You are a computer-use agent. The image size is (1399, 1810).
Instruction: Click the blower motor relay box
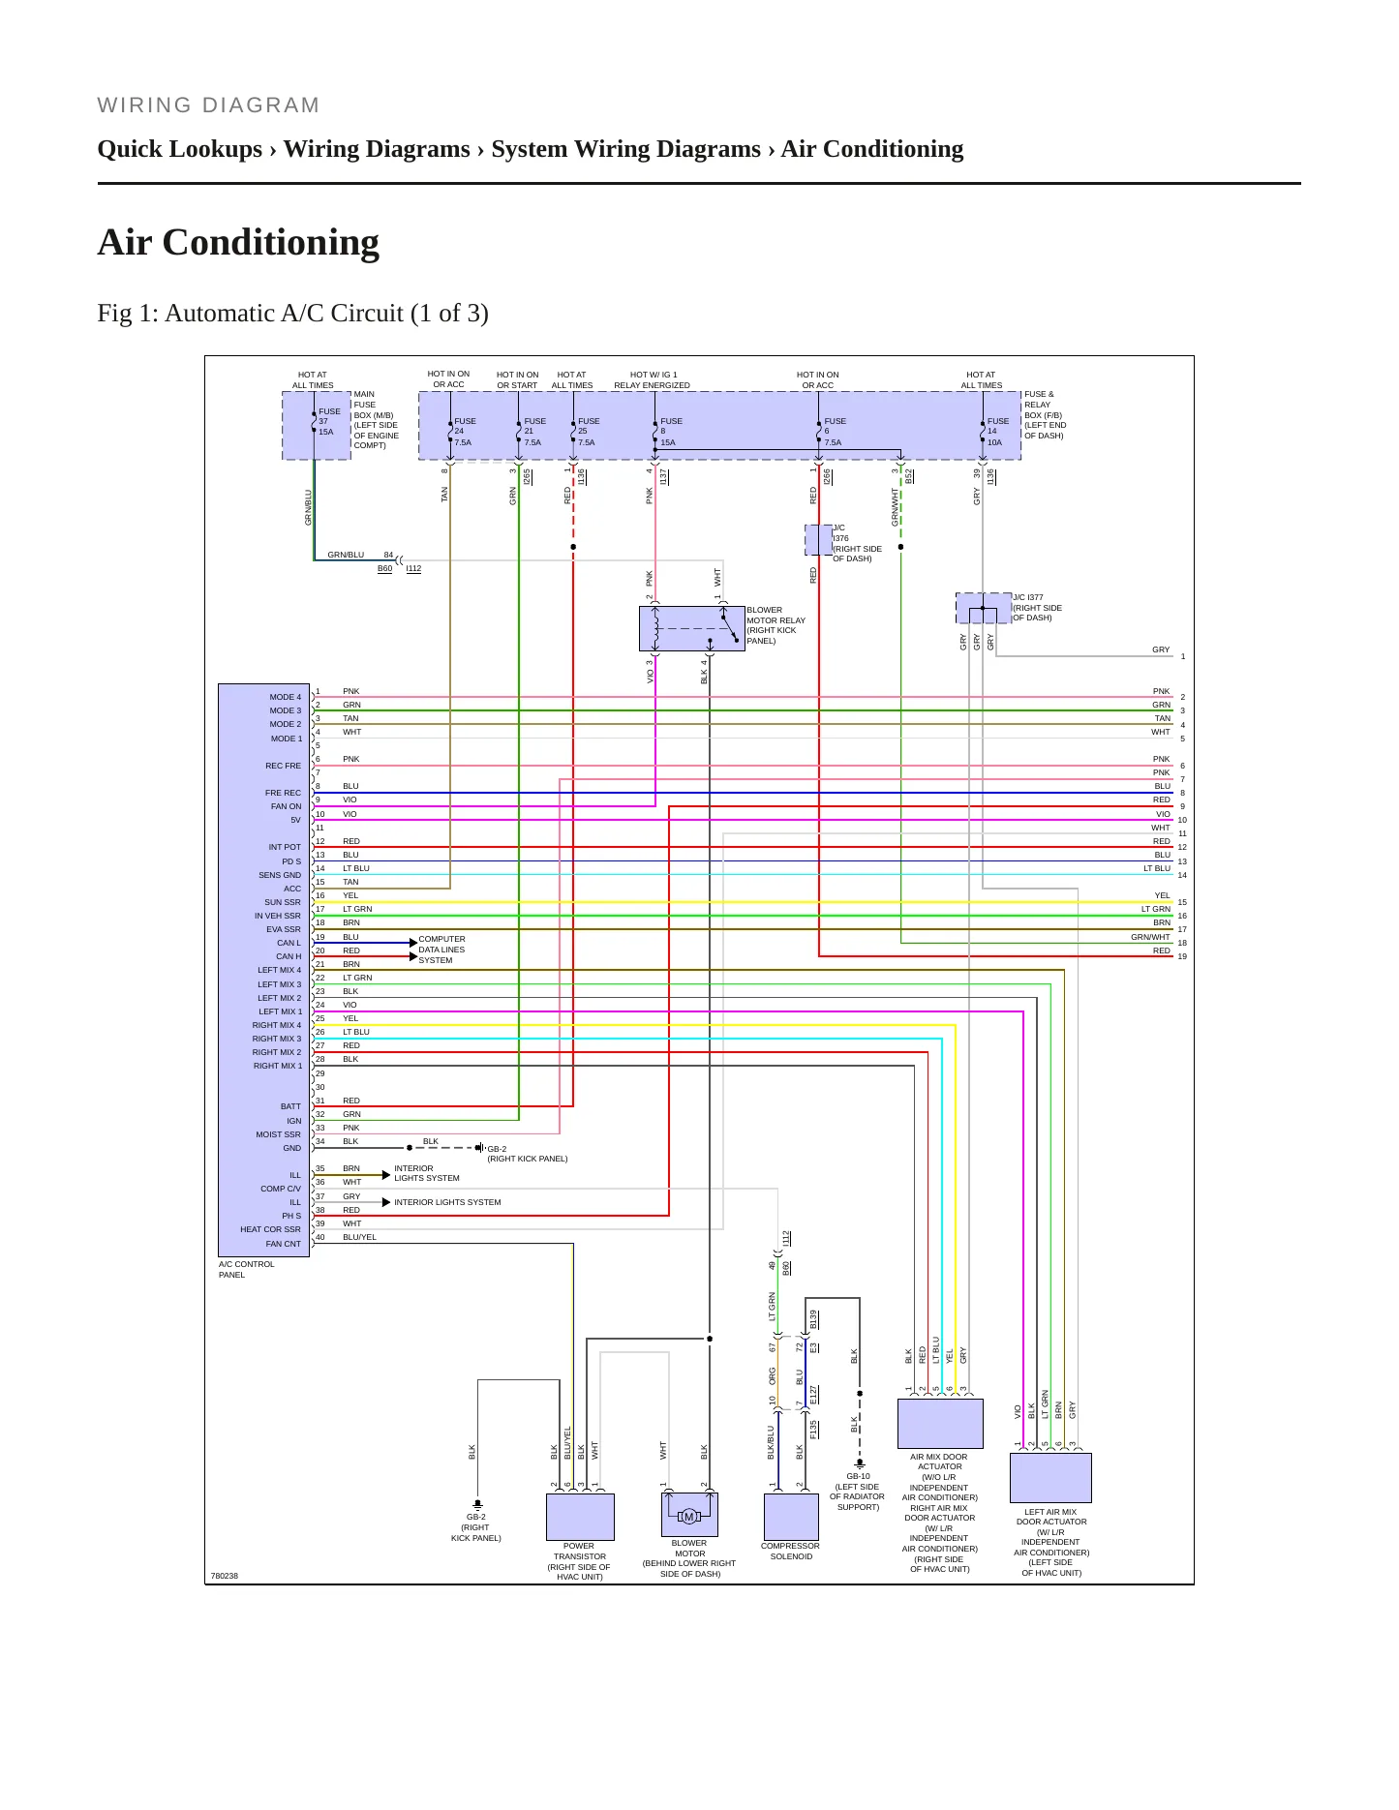pyautogui.click(x=691, y=628)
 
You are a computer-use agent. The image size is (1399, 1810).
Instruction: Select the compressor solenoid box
pyautogui.click(x=791, y=1517)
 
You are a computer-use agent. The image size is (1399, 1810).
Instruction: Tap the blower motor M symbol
pyautogui.click(x=689, y=1516)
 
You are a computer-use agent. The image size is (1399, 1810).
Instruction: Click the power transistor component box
pyautogui.click(x=580, y=1517)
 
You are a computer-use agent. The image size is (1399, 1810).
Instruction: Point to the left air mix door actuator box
pyautogui.click(x=1050, y=1477)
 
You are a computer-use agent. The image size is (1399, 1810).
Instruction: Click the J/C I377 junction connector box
pyautogui.click(x=983, y=608)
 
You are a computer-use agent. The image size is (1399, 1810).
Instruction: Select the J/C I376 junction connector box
pyautogui.click(x=819, y=540)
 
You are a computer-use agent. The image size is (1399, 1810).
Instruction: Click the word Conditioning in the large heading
pyautogui.click(x=271, y=242)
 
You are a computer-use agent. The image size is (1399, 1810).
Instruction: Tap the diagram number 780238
pyautogui.click(x=225, y=1576)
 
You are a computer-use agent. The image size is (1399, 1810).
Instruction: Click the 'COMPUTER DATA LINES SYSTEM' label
pyautogui.click(x=441, y=950)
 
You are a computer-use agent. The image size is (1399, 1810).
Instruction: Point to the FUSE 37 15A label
pyautogui.click(x=329, y=421)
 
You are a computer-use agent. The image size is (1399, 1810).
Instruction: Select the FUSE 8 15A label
pyautogui.click(x=671, y=432)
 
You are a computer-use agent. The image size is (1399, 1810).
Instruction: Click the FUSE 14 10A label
pyautogui.click(x=997, y=432)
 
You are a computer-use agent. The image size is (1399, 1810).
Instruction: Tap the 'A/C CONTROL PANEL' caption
pyautogui.click(x=246, y=1269)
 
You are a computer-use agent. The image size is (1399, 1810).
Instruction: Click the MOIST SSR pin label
pyautogui.click(x=278, y=1134)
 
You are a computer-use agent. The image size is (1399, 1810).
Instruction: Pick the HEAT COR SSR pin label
pyautogui.click(x=270, y=1229)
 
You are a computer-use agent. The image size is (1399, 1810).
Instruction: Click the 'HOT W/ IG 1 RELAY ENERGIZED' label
pyautogui.click(x=653, y=379)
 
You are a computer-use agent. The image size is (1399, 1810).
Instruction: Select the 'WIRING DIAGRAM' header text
pyautogui.click(x=208, y=105)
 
